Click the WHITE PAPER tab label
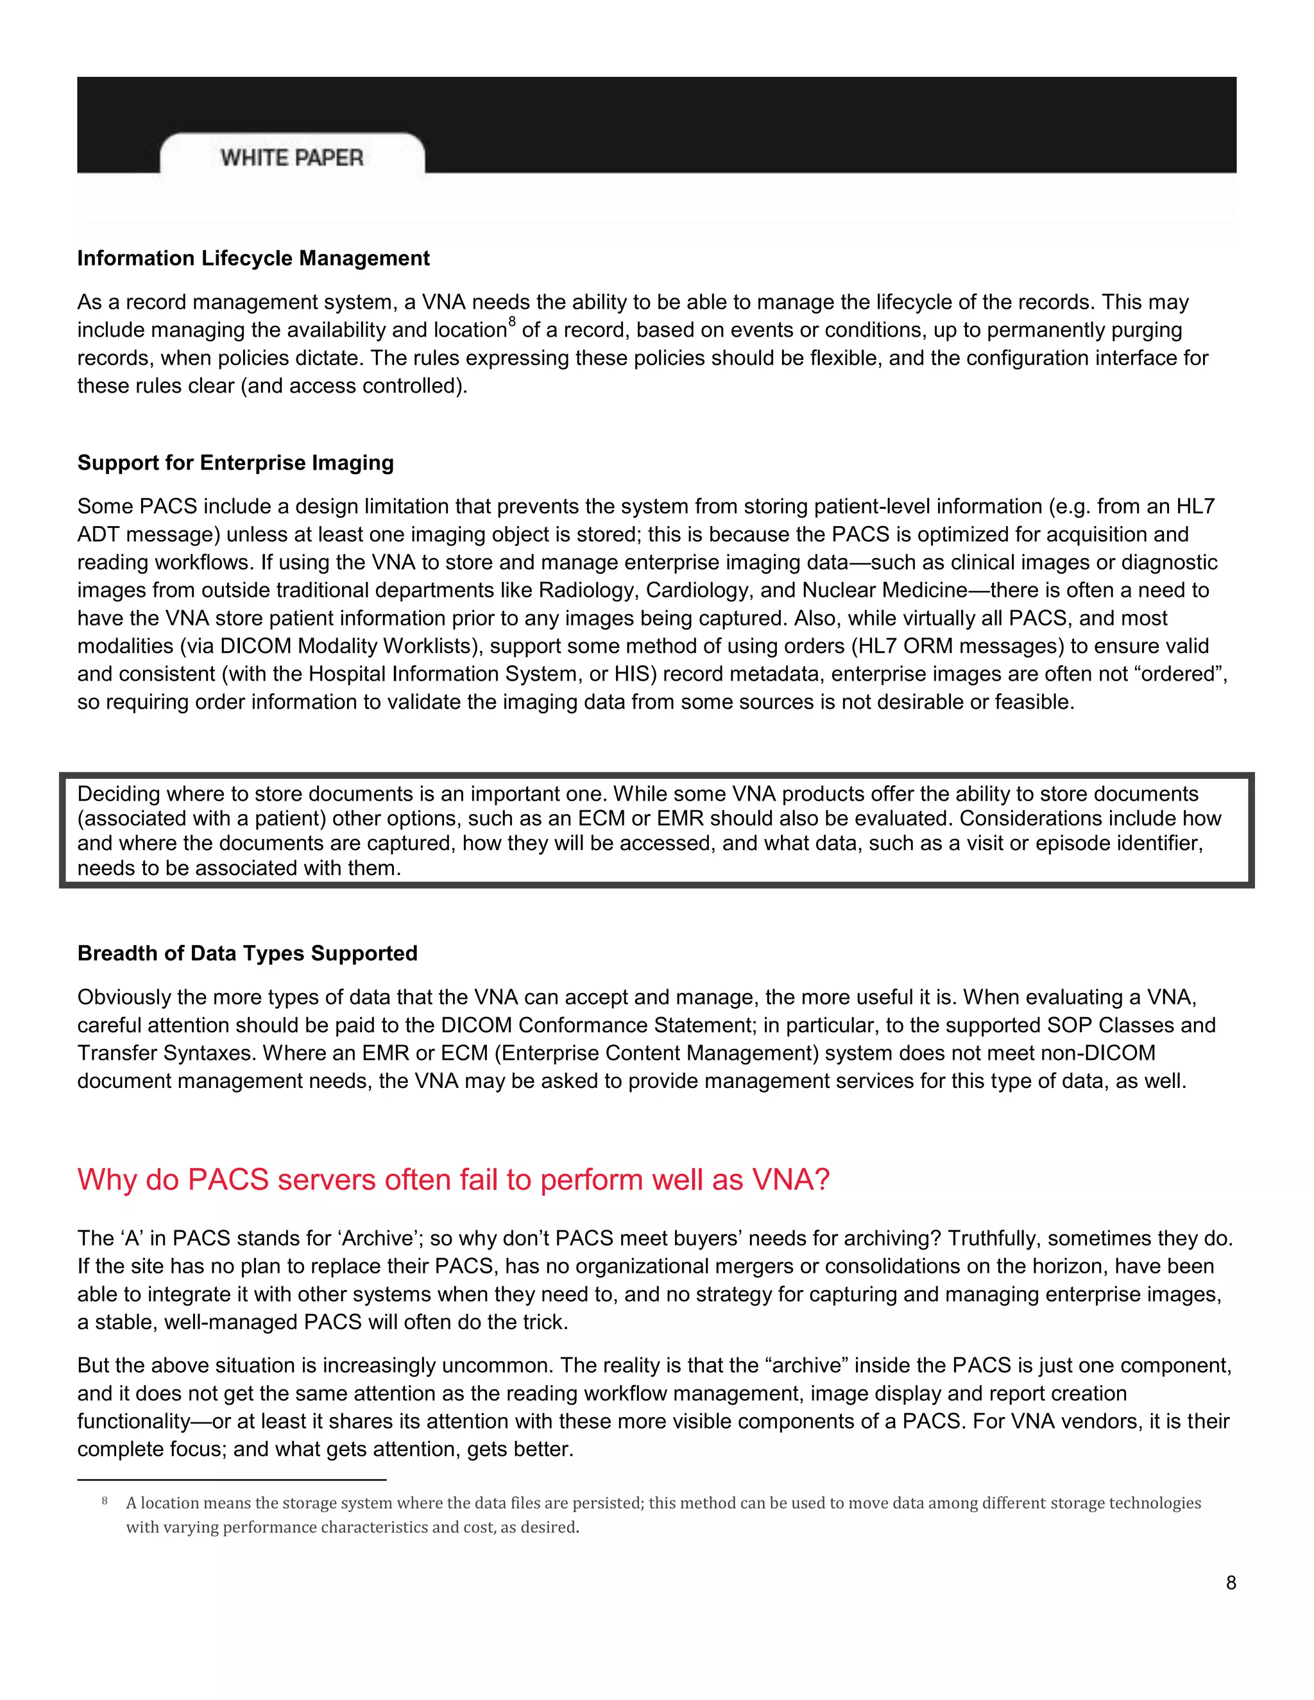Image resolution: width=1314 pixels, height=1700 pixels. (291, 158)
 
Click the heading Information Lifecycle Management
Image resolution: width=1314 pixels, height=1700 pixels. (253, 259)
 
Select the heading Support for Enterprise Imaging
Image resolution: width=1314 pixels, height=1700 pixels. (235, 463)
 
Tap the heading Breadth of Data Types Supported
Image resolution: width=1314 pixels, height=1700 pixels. (247, 953)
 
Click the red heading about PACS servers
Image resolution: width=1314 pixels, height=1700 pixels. (453, 1180)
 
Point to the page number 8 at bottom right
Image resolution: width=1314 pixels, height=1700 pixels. (1231, 1583)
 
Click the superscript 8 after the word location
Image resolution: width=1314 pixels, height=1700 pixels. (511, 321)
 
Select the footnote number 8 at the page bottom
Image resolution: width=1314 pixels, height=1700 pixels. (105, 1500)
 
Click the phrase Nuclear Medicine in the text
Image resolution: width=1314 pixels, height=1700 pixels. (884, 591)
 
